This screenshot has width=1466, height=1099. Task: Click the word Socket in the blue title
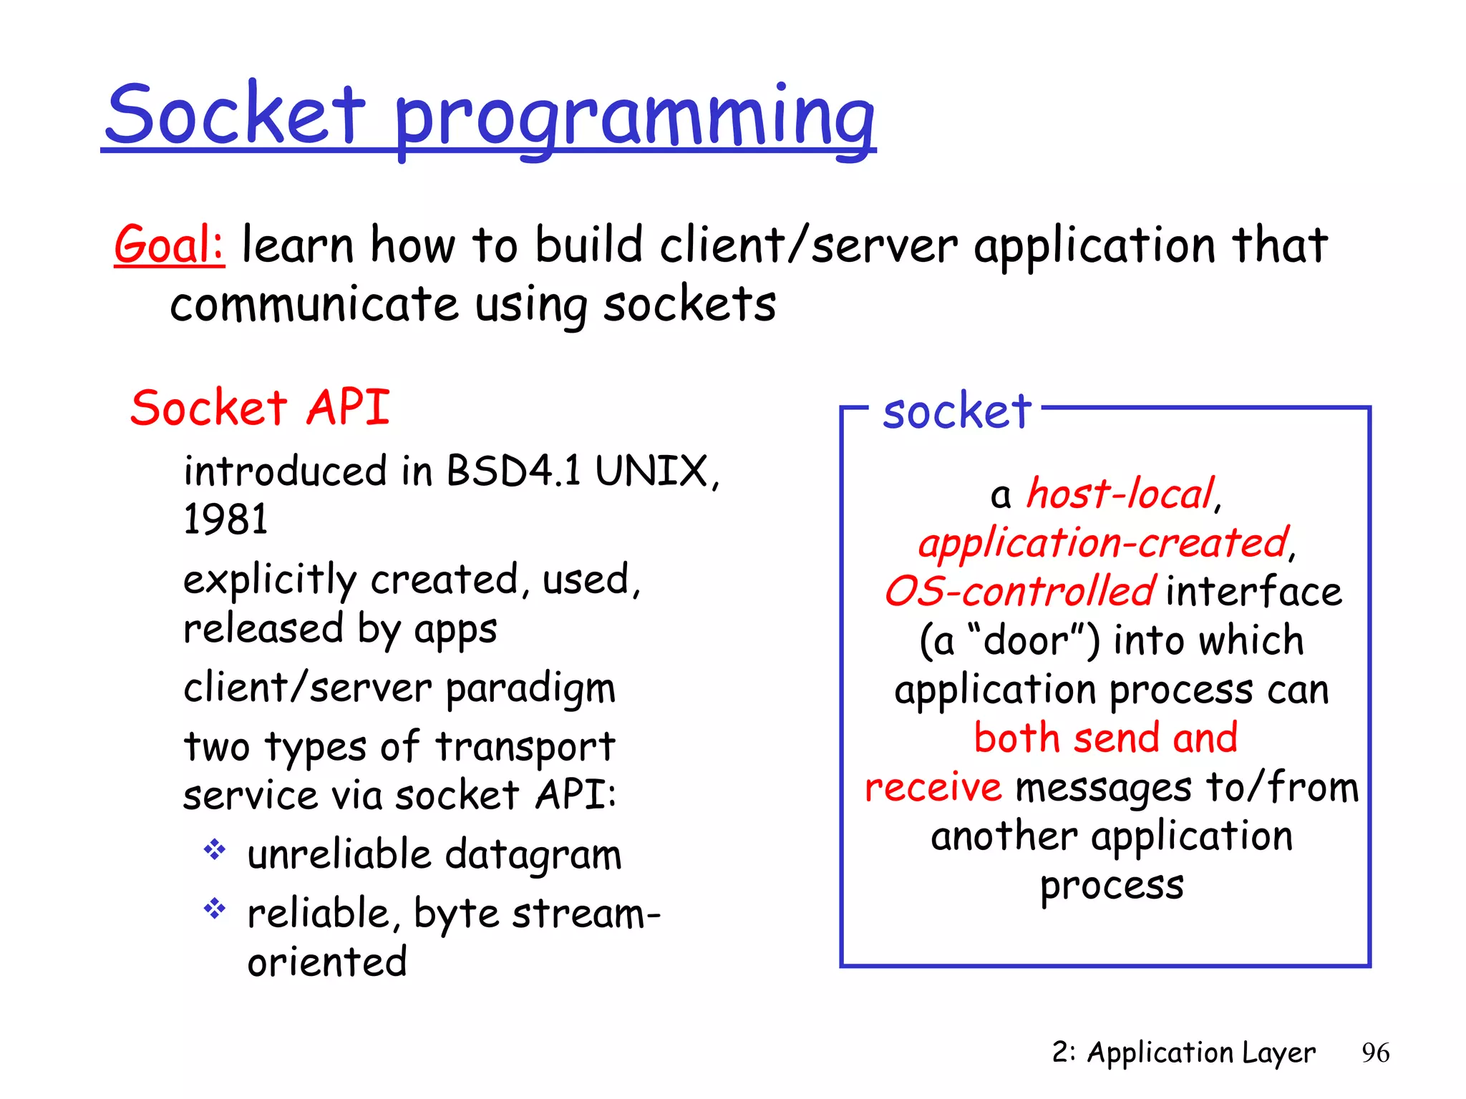(x=236, y=114)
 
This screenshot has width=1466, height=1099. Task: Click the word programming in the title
(x=634, y=118)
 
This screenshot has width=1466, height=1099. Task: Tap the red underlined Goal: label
(x=170, y=245)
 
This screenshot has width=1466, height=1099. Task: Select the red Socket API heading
(x=260, y=408)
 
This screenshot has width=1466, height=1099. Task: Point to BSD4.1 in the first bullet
(x=513, y=472)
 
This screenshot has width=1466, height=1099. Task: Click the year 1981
(x=225, y=519)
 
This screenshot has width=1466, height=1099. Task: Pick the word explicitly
(x=269, y=580)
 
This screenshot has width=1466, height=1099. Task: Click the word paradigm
(x=530, y=688)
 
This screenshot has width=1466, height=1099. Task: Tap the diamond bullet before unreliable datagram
(x=215, y=850)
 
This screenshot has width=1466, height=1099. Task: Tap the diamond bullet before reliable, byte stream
(x=215, y=909)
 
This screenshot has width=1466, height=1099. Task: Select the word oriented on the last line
(x=327, y=962)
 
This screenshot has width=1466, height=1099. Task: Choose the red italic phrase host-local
(x=1120, y=494)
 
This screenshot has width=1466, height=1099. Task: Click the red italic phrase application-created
(x=1103, y=542)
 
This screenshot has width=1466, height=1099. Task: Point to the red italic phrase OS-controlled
(x=1019, y=592)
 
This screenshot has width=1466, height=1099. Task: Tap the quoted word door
(x=1025, y=640)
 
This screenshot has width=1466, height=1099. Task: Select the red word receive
(x=933, y=787)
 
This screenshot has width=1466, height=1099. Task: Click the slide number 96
(x=1375, y=1052)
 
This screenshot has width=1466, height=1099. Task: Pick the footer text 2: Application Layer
(x=1183, y=1052)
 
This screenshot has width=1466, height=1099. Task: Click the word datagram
(x=533, y=855)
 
